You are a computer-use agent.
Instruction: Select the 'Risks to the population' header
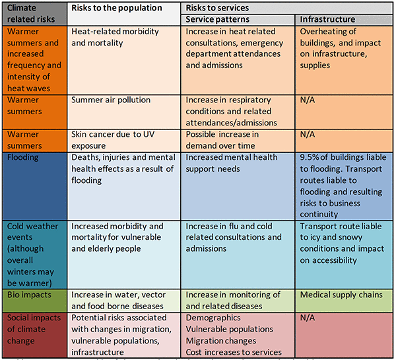point(116,8)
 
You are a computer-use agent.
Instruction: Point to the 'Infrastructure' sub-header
point(327,19)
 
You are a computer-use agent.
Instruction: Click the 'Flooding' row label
point(24,158)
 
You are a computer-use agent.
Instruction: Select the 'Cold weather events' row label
point(33,251)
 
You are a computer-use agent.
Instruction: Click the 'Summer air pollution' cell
point(111,100)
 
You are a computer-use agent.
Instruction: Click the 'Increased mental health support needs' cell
point(232,163)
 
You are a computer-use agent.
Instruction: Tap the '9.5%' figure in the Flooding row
point(310,158)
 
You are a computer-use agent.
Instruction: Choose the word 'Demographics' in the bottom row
point(215,318)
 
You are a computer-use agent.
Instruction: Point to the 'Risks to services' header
point(217,8)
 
